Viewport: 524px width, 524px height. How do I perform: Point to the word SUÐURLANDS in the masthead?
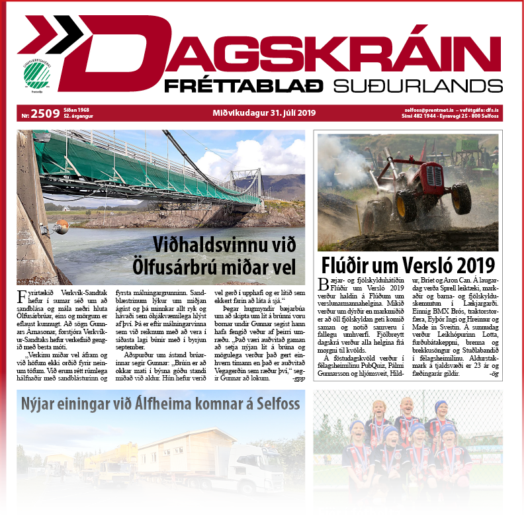tap(417, 86)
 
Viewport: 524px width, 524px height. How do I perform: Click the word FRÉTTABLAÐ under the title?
tap(243, 86)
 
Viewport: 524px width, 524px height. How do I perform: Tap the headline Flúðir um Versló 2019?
tap(408, 265)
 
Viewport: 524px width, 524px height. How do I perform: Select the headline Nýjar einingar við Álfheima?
tap(161, 403)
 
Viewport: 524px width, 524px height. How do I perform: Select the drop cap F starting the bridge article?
tap(23, 294)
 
